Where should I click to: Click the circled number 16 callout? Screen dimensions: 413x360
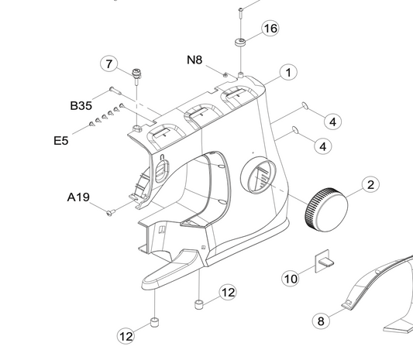270,28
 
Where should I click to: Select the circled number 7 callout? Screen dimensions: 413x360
109,64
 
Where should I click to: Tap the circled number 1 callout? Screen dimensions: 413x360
288,72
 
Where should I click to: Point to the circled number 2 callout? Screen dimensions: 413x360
370,185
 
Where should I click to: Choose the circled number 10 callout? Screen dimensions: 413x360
291,279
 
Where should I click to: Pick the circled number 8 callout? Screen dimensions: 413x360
321,321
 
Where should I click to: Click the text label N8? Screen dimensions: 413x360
194,60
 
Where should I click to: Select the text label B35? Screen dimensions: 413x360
81,105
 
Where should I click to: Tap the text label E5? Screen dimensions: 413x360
61,141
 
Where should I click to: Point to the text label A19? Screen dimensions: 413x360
78,197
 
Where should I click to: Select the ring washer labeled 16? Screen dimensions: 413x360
240,43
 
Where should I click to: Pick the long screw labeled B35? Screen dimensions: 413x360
115,91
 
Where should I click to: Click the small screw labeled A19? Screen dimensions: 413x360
111,212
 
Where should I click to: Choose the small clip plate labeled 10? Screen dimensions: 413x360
324,261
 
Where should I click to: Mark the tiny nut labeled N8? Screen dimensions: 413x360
225,75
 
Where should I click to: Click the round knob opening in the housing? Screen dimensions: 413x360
258,175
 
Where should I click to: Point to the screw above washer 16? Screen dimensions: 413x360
241,13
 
